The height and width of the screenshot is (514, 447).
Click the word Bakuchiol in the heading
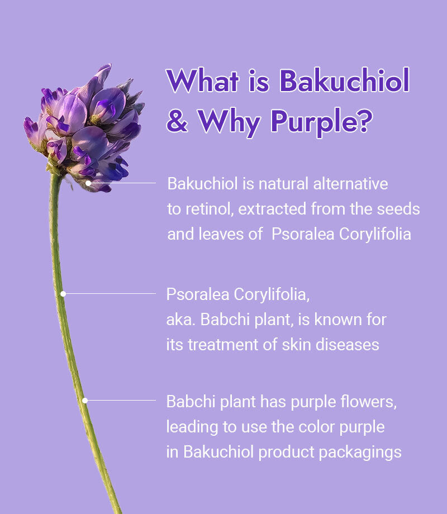[x=345, y=80]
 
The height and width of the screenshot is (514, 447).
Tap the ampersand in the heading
[x=177, y=121]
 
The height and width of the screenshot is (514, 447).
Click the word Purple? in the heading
[x=322, y=122]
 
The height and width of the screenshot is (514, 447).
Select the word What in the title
[x=202, y=80]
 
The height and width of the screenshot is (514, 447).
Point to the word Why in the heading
[x=229, y=122]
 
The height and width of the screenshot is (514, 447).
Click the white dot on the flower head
[x=88, y=183]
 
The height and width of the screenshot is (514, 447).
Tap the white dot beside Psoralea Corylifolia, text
[x=63, y=294]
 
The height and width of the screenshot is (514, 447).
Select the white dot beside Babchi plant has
[x=85, y=400]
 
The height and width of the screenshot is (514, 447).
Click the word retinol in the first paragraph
[x=210, y=209]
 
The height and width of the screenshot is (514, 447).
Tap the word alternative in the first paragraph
[x=350, y=184]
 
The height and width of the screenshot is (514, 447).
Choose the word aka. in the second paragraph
[x=180, y=320]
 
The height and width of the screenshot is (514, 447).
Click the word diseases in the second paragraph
[x=348, y=345]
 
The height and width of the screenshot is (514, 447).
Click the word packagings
[x=360, y=453]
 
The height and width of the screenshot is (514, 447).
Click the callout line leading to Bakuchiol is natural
[x=122, y=183]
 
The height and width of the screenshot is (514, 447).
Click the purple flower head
[x=84, y=128]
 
